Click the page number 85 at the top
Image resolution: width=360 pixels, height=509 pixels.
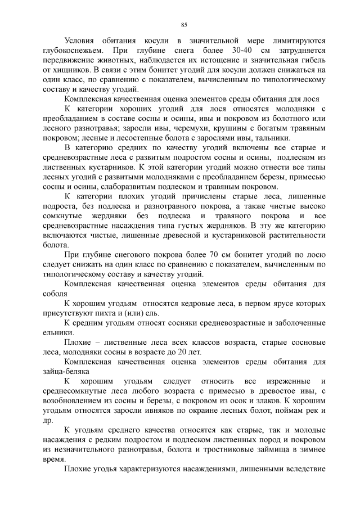183,25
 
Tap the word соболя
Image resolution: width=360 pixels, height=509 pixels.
55,294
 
